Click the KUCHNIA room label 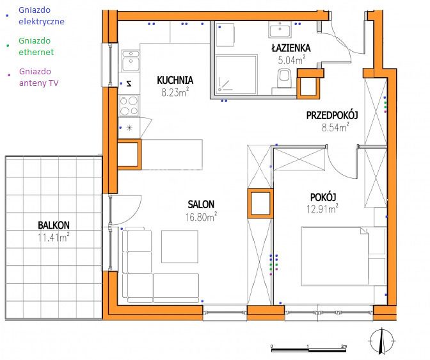tap(175, 80)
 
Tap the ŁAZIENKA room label tap(291, 48)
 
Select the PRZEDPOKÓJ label tap(332, 115)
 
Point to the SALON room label tap(201, 204)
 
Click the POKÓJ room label tap(323, 197)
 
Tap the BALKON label tap(54, 225)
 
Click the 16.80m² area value tap(201, 217)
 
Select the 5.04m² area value tap(292, 60)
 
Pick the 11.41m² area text tap(54, 237)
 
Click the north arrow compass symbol tap(382, 341)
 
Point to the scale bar tap(309, 350)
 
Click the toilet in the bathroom tap(284, 78)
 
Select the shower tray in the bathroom tap(236, 74)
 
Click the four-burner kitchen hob tap(129, 106)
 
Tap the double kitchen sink tap(131, 60)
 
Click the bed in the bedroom tap(344, 256)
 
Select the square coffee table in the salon tap(180, 247)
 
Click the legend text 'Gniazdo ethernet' tap(36, 46)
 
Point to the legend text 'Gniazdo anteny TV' tap(39, 77)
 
